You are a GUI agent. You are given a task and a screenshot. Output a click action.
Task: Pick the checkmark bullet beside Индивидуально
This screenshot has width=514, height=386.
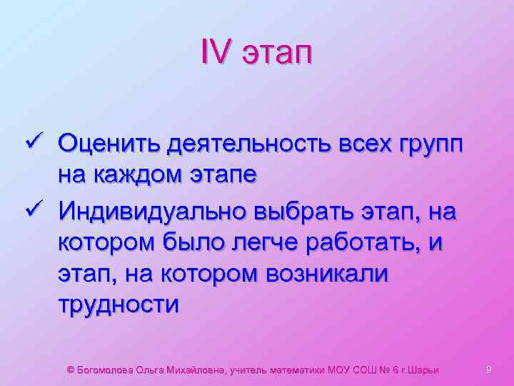click(x=41, y=211)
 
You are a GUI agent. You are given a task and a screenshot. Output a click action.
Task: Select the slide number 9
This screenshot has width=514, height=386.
click(x=489, y=370)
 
